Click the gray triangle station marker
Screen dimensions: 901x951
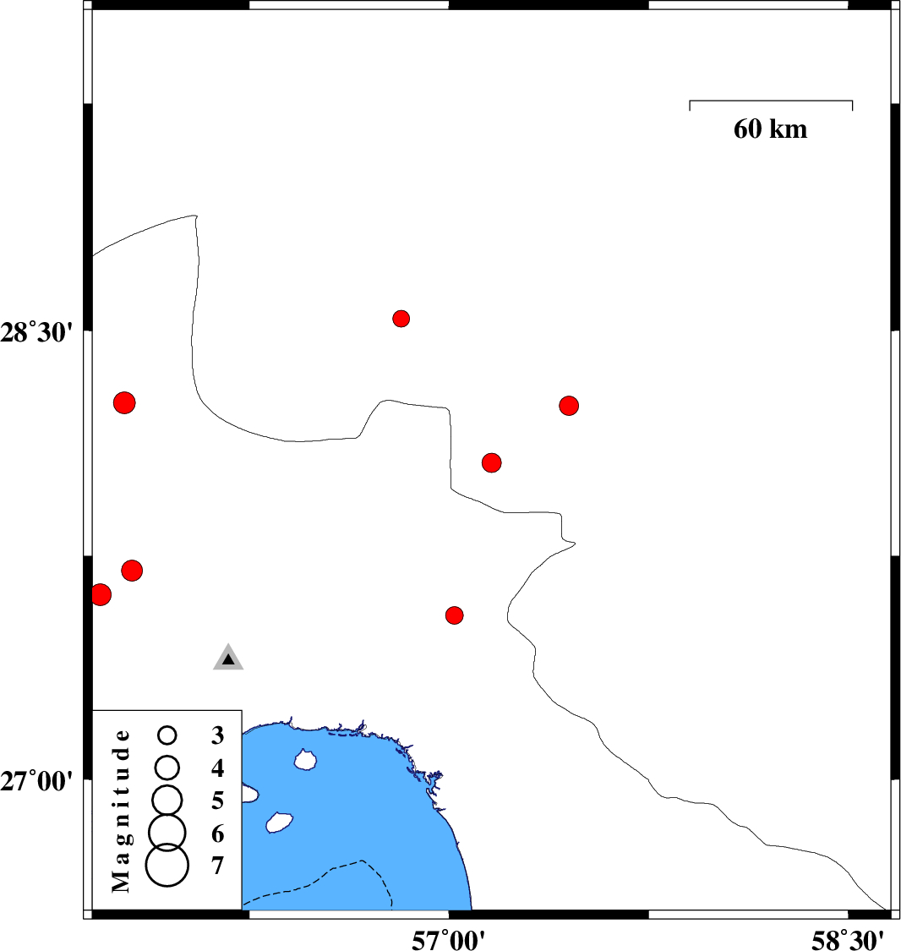pos(228,658)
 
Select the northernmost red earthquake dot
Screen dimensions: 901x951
pos(401,319)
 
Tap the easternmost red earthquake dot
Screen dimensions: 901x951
pos(569,405)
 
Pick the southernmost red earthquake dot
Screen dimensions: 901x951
pos(454,615)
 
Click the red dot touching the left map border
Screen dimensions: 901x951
pos(101,594)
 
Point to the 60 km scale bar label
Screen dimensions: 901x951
pos(770,128)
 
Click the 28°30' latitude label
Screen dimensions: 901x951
pos(36,332)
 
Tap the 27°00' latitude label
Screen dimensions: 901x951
pos(36,781)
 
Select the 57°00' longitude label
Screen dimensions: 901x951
pos(448,940)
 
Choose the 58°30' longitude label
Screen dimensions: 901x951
pos(848,940)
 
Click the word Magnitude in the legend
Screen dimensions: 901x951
pos(121,811)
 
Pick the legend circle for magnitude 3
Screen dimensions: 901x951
pos(167,735)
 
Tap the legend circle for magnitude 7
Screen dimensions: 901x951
pos(167,865)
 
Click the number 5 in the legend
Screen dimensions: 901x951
pos(218,801)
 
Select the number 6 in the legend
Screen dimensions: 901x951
pos(218,833)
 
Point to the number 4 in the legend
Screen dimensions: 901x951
pos(218,768)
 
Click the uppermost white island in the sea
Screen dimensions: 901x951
pos(306,759)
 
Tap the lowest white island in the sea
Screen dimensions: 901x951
pos(280,823)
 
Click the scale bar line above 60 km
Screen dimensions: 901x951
pos(771,101)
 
